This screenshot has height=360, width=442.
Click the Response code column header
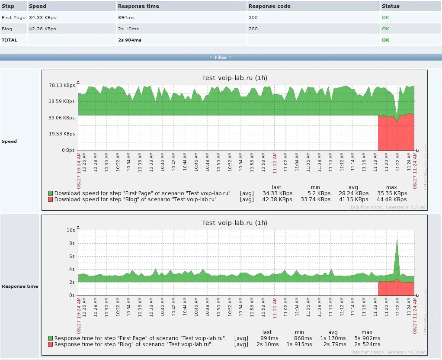tap(269, 6)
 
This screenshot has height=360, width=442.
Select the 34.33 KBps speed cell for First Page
tap(42, 17)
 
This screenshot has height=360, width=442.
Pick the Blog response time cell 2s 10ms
tap(128, 29)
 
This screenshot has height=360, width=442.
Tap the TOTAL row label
tap(10, 40)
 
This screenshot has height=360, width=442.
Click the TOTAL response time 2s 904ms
tap(130, 40)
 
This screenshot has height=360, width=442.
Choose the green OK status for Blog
tap(385, 29)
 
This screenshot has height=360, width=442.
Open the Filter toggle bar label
tap(221, 57)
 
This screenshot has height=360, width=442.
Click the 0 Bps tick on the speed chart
tap(68, 150)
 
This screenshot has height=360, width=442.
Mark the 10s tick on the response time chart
tap(70, 230)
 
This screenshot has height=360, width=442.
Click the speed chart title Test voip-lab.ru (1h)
tap(234, 78)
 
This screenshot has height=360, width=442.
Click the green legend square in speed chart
tap(51, 193)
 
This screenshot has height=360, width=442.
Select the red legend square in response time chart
tap(51, 344)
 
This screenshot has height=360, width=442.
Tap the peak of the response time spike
tap(397, 241)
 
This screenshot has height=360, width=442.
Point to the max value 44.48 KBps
tap(392, 199)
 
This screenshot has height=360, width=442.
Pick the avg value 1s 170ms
tap(333, 338)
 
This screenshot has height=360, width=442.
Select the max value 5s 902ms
tap(367, 338)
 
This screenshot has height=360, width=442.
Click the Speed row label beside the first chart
tap(9, 141)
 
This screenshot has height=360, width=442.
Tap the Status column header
tap(391, 6)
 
